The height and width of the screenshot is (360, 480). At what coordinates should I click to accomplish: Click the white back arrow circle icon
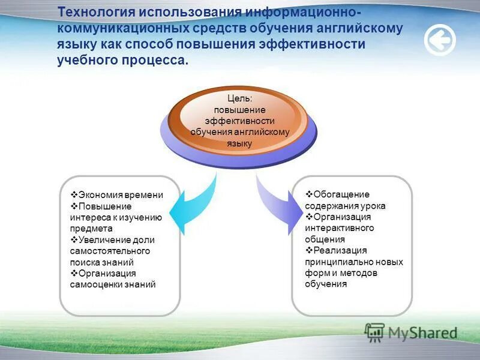point(440,41)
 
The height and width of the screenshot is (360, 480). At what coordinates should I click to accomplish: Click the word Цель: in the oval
point(239,98)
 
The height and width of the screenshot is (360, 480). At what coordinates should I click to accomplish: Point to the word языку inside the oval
point(239,143)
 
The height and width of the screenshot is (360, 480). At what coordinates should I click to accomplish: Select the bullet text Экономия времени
point(121,196)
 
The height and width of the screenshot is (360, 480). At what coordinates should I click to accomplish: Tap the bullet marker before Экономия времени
point(74,196)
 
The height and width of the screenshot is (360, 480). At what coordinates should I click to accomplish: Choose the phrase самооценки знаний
point(113,284)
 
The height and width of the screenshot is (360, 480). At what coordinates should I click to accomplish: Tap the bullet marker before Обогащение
point(308,194)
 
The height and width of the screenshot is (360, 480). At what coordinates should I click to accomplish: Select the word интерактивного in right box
point(340,228)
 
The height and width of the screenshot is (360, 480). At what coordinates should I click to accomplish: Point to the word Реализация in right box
point(340,250)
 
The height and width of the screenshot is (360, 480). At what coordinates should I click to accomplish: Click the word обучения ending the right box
point(326,284)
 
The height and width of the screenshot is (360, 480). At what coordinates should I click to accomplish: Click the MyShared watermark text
point(422,332)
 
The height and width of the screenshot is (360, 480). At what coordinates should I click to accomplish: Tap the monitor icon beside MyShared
point(374,332)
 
